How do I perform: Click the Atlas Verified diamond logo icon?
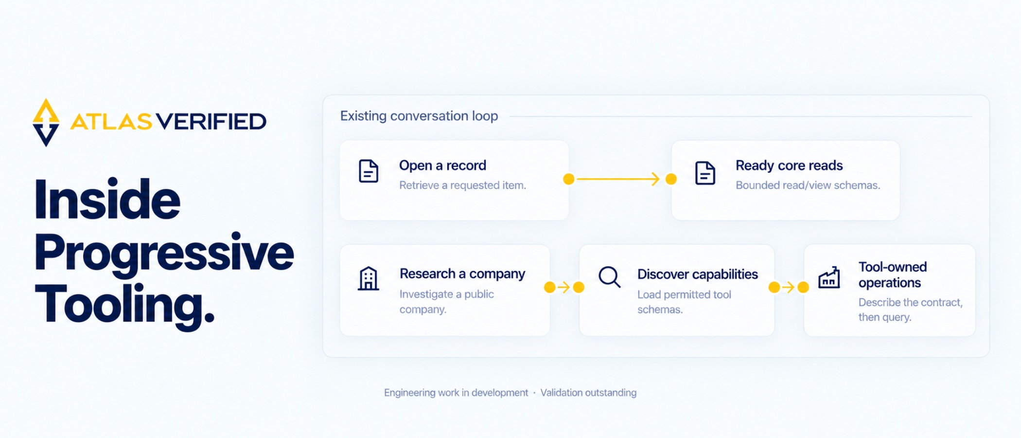[x=46, y=122]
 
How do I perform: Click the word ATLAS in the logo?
[x=111, y=122]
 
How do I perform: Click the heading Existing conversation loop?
[x=419, y=116]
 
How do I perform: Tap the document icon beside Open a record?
[x=369, y=171]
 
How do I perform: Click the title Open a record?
[x=442, y=165]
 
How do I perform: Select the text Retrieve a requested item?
[x=462, y=185]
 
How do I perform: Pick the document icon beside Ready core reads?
[x=705, y=173]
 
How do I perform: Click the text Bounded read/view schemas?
[x=808, y=185]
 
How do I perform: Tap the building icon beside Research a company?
[x=368, y=278]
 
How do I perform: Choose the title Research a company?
[x=462, y=274]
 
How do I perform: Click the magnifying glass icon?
[x=609, y=277]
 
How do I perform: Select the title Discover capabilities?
[x=697, y=274]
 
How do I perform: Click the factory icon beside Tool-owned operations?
[x=829, y=277]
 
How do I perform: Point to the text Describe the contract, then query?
[x=910, y=310]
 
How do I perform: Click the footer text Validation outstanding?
[x=588, y=393]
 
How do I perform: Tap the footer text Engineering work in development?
[x=456, y=393]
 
